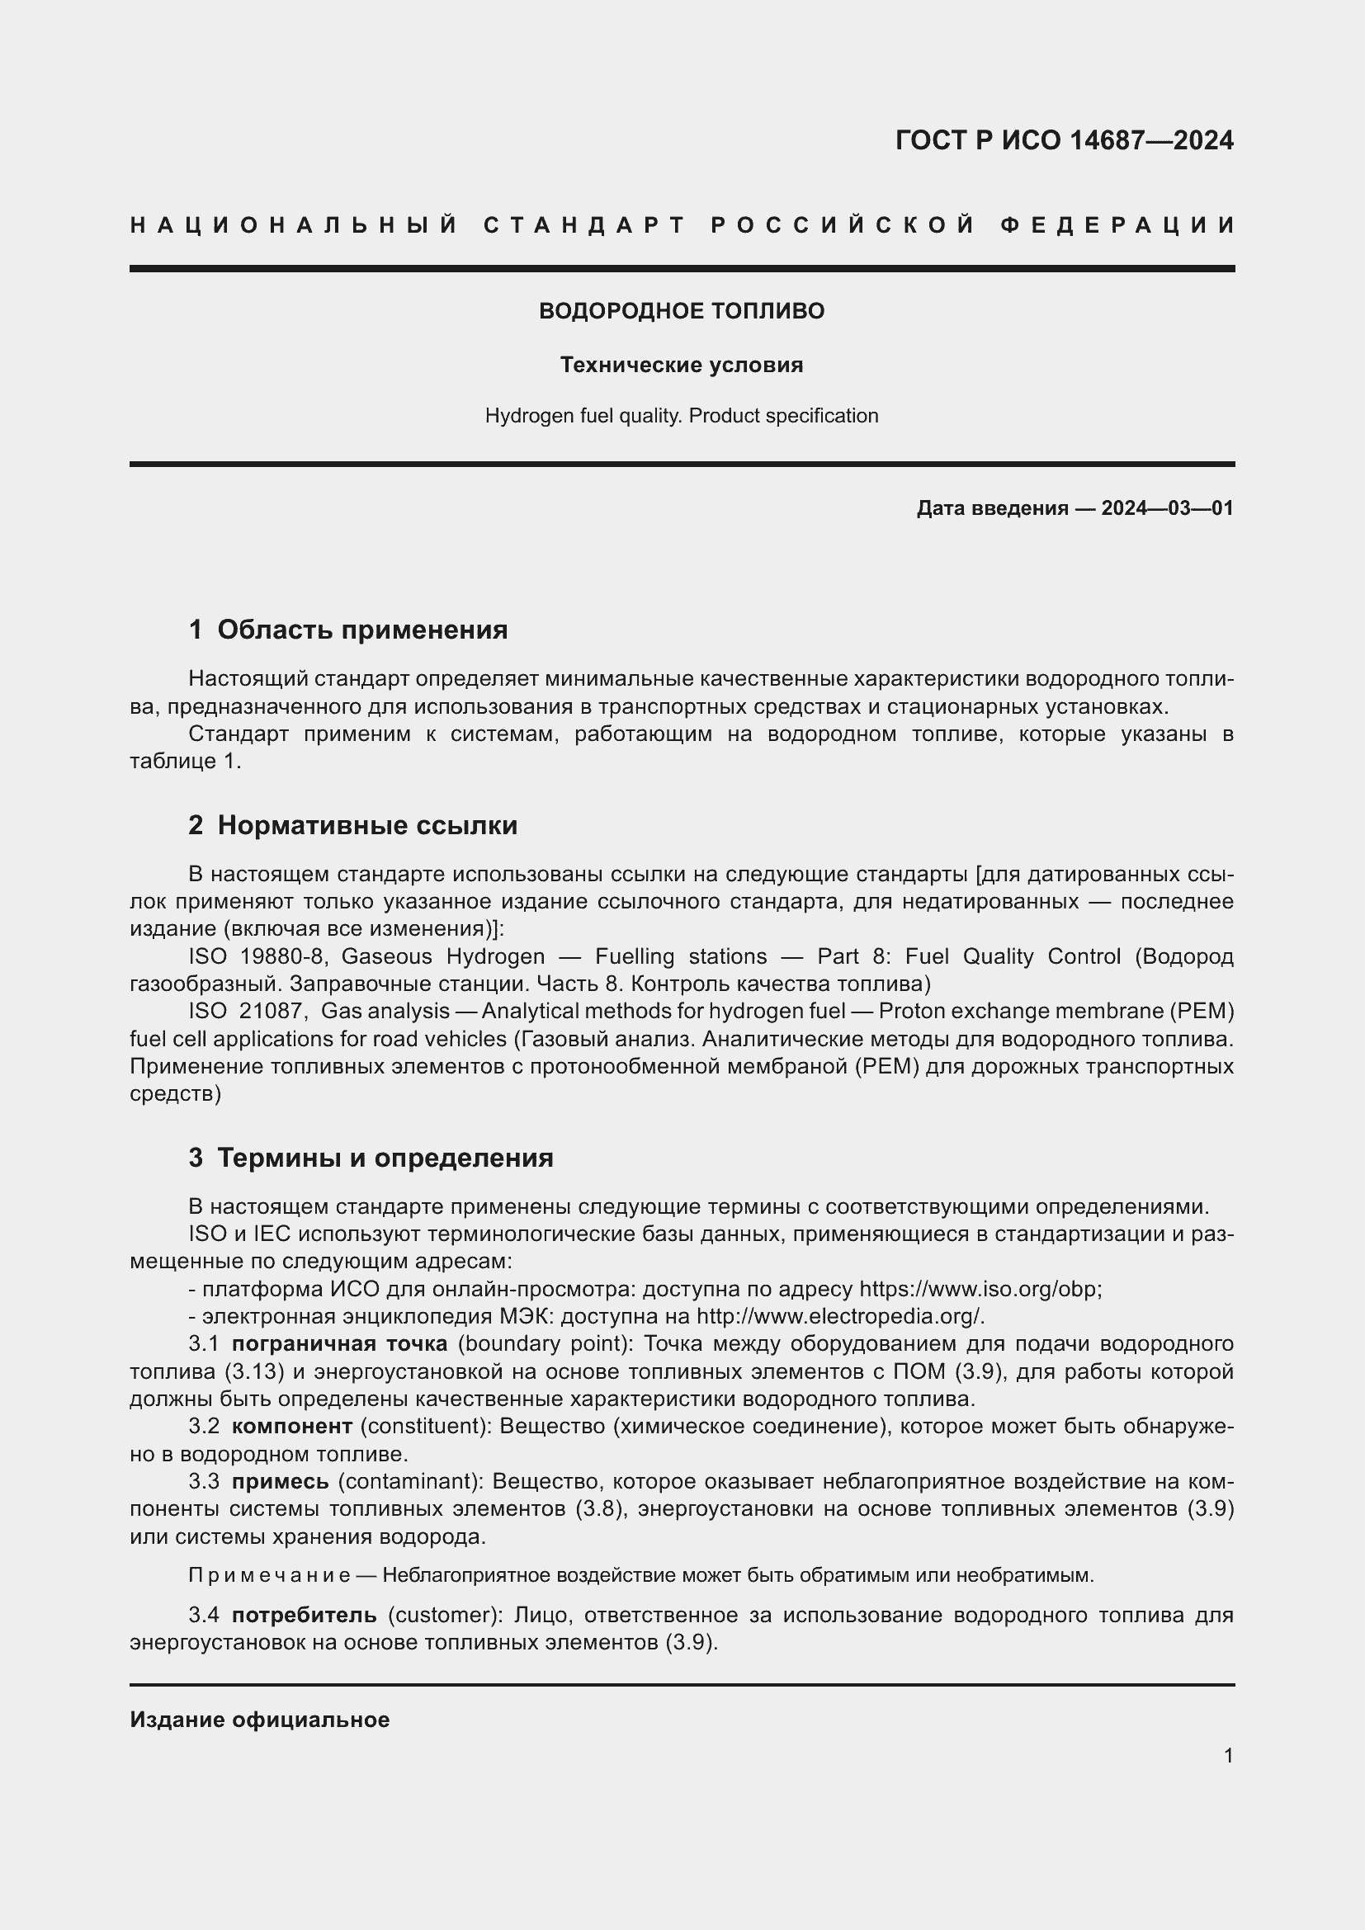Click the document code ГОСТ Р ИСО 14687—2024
point(1064,140)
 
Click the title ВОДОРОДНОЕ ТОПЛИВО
point(682,311)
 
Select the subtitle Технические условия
point(682,365)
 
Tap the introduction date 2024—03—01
point(1167,507)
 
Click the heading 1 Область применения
point(348,630)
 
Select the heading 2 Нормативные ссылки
point(353,825)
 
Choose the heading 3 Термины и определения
point(371,1158)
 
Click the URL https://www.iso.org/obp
point(980,1289)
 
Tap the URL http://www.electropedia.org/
point(839,1315)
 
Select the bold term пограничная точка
point(339,1343)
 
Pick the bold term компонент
point(291,1426)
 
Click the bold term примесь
point(280,1481)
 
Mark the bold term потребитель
point(305,1615)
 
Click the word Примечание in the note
point(269,1575)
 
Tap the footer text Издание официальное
point(260,1720)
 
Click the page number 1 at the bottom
point(1228,1756)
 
